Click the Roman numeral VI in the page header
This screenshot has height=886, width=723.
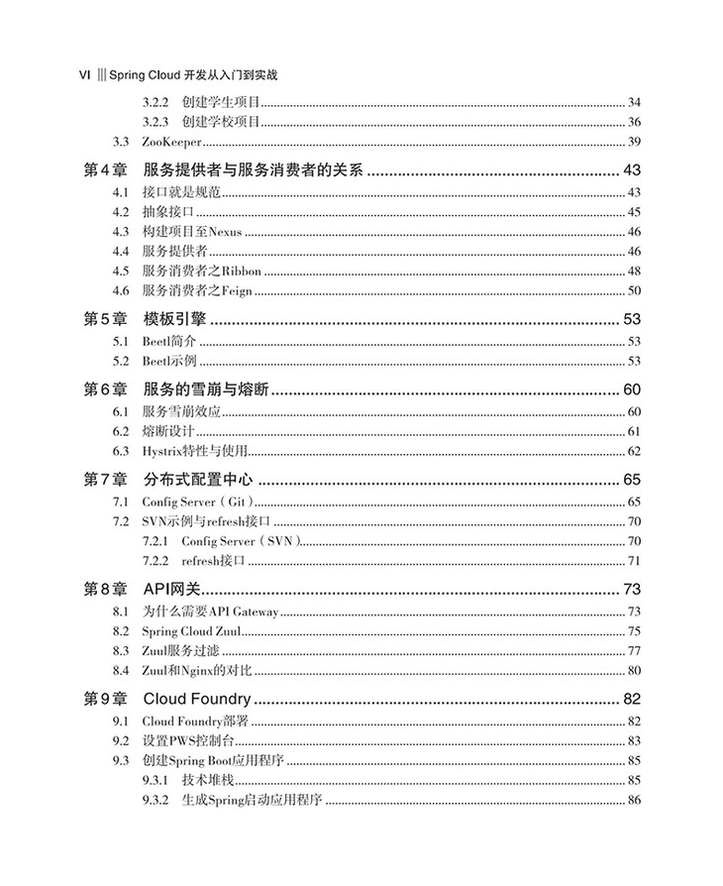(x=85, y=74)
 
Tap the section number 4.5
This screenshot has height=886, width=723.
(x=121, y=272)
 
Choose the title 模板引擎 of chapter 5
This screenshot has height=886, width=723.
(x=172, y=319)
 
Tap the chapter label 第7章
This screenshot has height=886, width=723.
(x=101, y=481)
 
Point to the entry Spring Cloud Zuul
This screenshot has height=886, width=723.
(x=191, y=631)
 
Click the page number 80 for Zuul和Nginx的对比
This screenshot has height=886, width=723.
(x=634, y=671)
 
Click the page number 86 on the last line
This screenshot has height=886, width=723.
(x=634, y=801)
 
